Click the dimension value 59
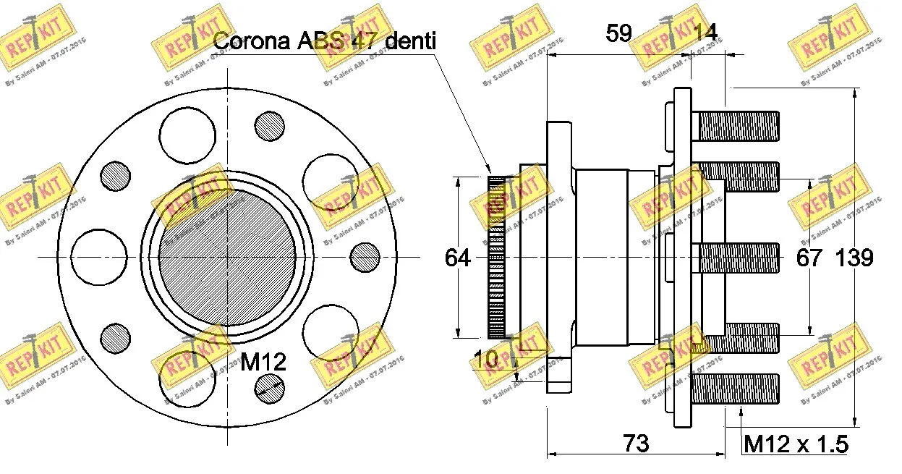pyautogui.click(x=618, y=33)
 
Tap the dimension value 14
pyautogui.click(x=705, y=33)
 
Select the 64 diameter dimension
pyautogui.click(x=457, y=258)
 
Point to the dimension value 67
pyautogui.click(x=809, y=258)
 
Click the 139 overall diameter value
pyautogui.click(x=855, y=258)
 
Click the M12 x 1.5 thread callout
pyautogui.click(x=796, y=443)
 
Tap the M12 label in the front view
pyautogui.click(x=263, y=361)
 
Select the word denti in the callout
pyautogui.click(x=410, y=41)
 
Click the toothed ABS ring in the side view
pyautogui.click(x=497, y=258)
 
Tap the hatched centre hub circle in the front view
pyautogui.click(x=227, y=258)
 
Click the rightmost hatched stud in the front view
pyautogui.click(x=364, y=257)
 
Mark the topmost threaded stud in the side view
pyautogui.click(x=736, y=126)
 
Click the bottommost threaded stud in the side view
pyautogui.click(x=736, y=389)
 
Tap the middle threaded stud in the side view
pyautogui.click(x=739, y=258)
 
